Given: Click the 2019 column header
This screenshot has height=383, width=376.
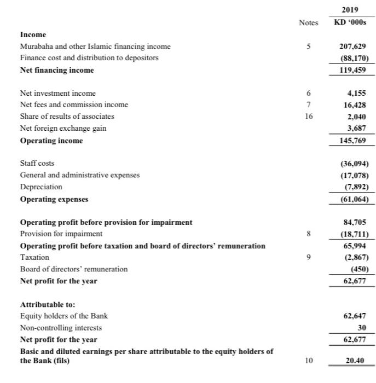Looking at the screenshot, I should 350,9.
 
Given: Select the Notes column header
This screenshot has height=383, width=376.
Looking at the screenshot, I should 309,22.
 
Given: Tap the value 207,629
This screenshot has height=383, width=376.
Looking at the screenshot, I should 354,47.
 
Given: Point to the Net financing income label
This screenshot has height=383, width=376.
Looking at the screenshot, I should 57,70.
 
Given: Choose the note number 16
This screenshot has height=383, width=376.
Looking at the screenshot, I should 309,117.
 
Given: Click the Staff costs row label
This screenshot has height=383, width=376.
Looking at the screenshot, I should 37,164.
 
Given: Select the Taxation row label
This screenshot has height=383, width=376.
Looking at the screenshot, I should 34,257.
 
